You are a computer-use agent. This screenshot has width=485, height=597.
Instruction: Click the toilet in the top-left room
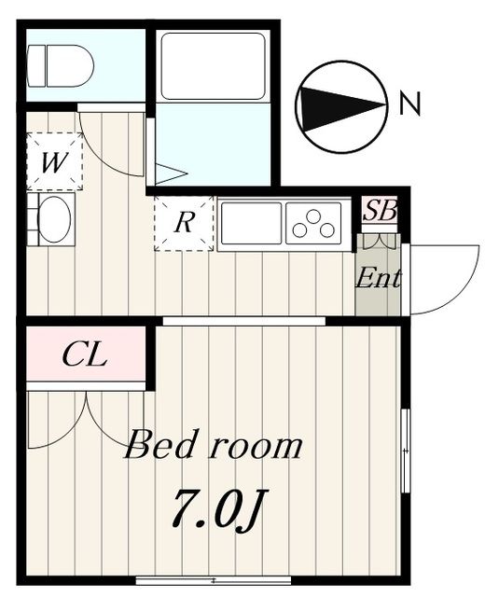pos(61,65)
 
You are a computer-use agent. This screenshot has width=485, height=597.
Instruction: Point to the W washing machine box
pos(54,162)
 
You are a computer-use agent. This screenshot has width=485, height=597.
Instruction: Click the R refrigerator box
pos(184,223)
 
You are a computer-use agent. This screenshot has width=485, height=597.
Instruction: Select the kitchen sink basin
pos(251,223)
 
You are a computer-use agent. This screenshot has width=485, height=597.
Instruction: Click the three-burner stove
pos(317,223)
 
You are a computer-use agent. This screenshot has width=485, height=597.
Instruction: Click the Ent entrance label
pos(379,277)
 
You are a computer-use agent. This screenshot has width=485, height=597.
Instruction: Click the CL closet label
pos(85,354)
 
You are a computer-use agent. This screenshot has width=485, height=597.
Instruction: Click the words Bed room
pos(214,446)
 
